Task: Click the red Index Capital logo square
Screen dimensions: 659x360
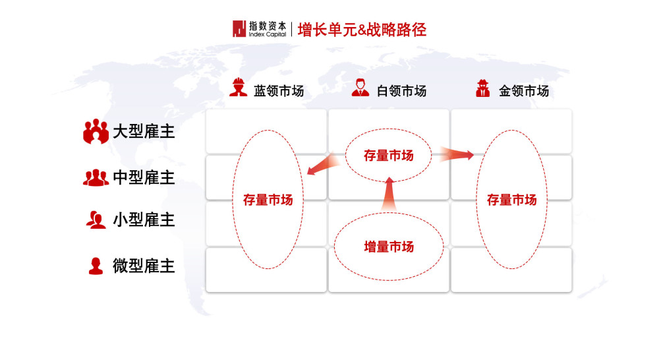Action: (239, 29)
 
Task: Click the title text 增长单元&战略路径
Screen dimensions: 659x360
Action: (362, 30)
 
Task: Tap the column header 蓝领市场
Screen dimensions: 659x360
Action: (279, 91)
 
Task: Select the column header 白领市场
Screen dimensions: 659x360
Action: (401, 91)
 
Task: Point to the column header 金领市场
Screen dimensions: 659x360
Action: (524, 91)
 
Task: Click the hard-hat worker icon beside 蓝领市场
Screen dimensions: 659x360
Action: (239, 87)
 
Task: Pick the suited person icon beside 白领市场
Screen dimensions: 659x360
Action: (360, 88)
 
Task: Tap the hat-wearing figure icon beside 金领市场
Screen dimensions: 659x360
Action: (483, 88)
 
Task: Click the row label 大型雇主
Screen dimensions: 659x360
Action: (144, 132)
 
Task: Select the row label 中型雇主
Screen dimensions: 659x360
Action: (144, 177)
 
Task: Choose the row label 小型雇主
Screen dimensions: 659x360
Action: (144, 220)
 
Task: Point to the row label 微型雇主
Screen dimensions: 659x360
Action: (144, 266)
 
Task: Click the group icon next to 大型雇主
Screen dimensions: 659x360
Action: (96, 131)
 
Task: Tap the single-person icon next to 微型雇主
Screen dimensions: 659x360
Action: (96, 266)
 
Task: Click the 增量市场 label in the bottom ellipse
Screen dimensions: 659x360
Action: (389, 247)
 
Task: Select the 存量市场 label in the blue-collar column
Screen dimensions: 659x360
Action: (268, 200)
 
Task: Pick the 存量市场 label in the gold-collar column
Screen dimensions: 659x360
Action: (511, 200)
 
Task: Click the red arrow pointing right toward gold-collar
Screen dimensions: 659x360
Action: (457, 154)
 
